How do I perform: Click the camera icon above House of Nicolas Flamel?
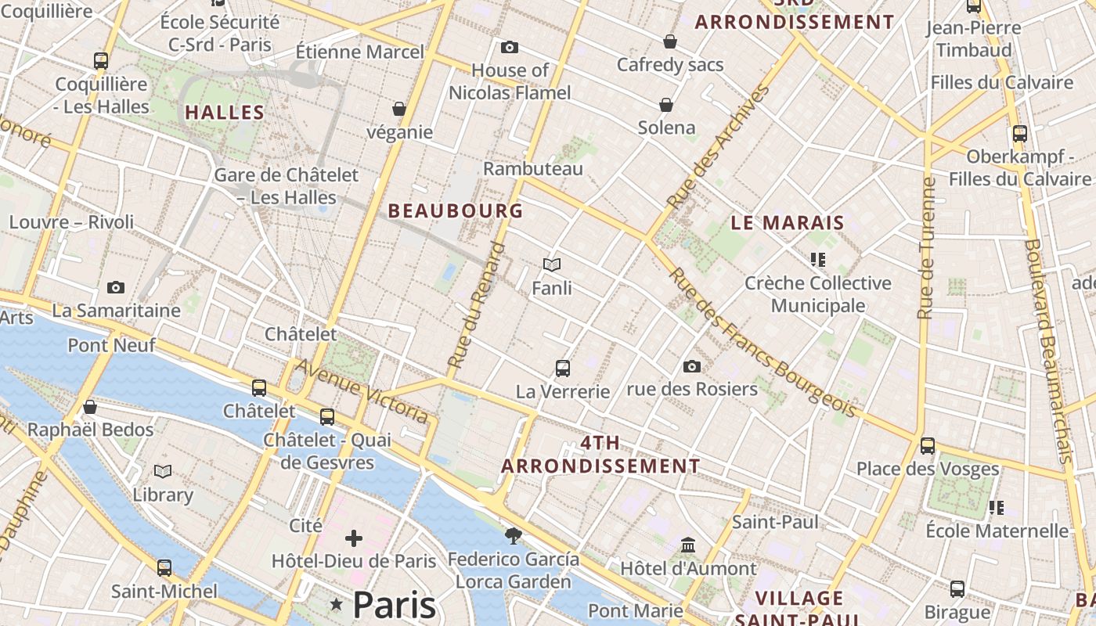510,48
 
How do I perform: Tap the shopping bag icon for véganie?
399,109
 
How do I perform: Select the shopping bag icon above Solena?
666,104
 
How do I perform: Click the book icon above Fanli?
552,265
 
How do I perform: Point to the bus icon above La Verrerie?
562,368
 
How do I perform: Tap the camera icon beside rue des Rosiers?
691,366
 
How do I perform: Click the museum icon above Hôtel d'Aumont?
688,545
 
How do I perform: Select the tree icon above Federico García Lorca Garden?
513,536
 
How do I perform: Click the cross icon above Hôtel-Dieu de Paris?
354,538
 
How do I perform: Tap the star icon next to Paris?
337,604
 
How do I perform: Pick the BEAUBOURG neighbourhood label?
455,210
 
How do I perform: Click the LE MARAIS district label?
788,222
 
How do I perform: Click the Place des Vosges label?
928,469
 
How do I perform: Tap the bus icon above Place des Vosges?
928,446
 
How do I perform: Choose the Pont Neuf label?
111,344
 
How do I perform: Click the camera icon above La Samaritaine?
116,287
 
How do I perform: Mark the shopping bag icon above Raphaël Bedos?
90,407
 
